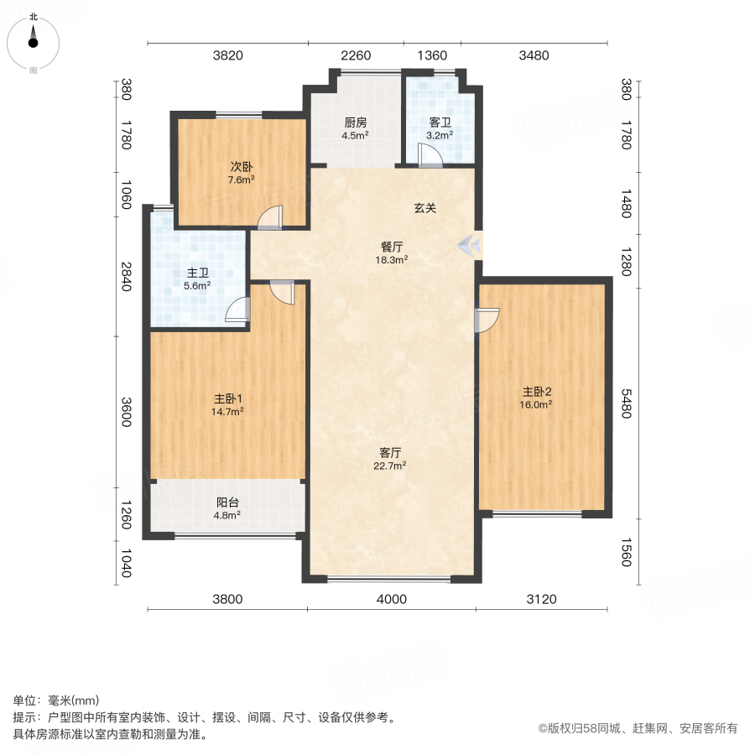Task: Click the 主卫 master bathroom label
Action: [x=198, y=273]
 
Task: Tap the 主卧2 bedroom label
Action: [x=538, y=392]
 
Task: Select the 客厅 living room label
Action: [x=392, y=453]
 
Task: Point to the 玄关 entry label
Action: [x=424, y=209]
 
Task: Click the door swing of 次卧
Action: [x=271, y=217]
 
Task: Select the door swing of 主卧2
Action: [x=487, y=320]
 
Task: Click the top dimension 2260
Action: [x=356, y=56]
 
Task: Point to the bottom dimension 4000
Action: [x=391, y=599]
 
